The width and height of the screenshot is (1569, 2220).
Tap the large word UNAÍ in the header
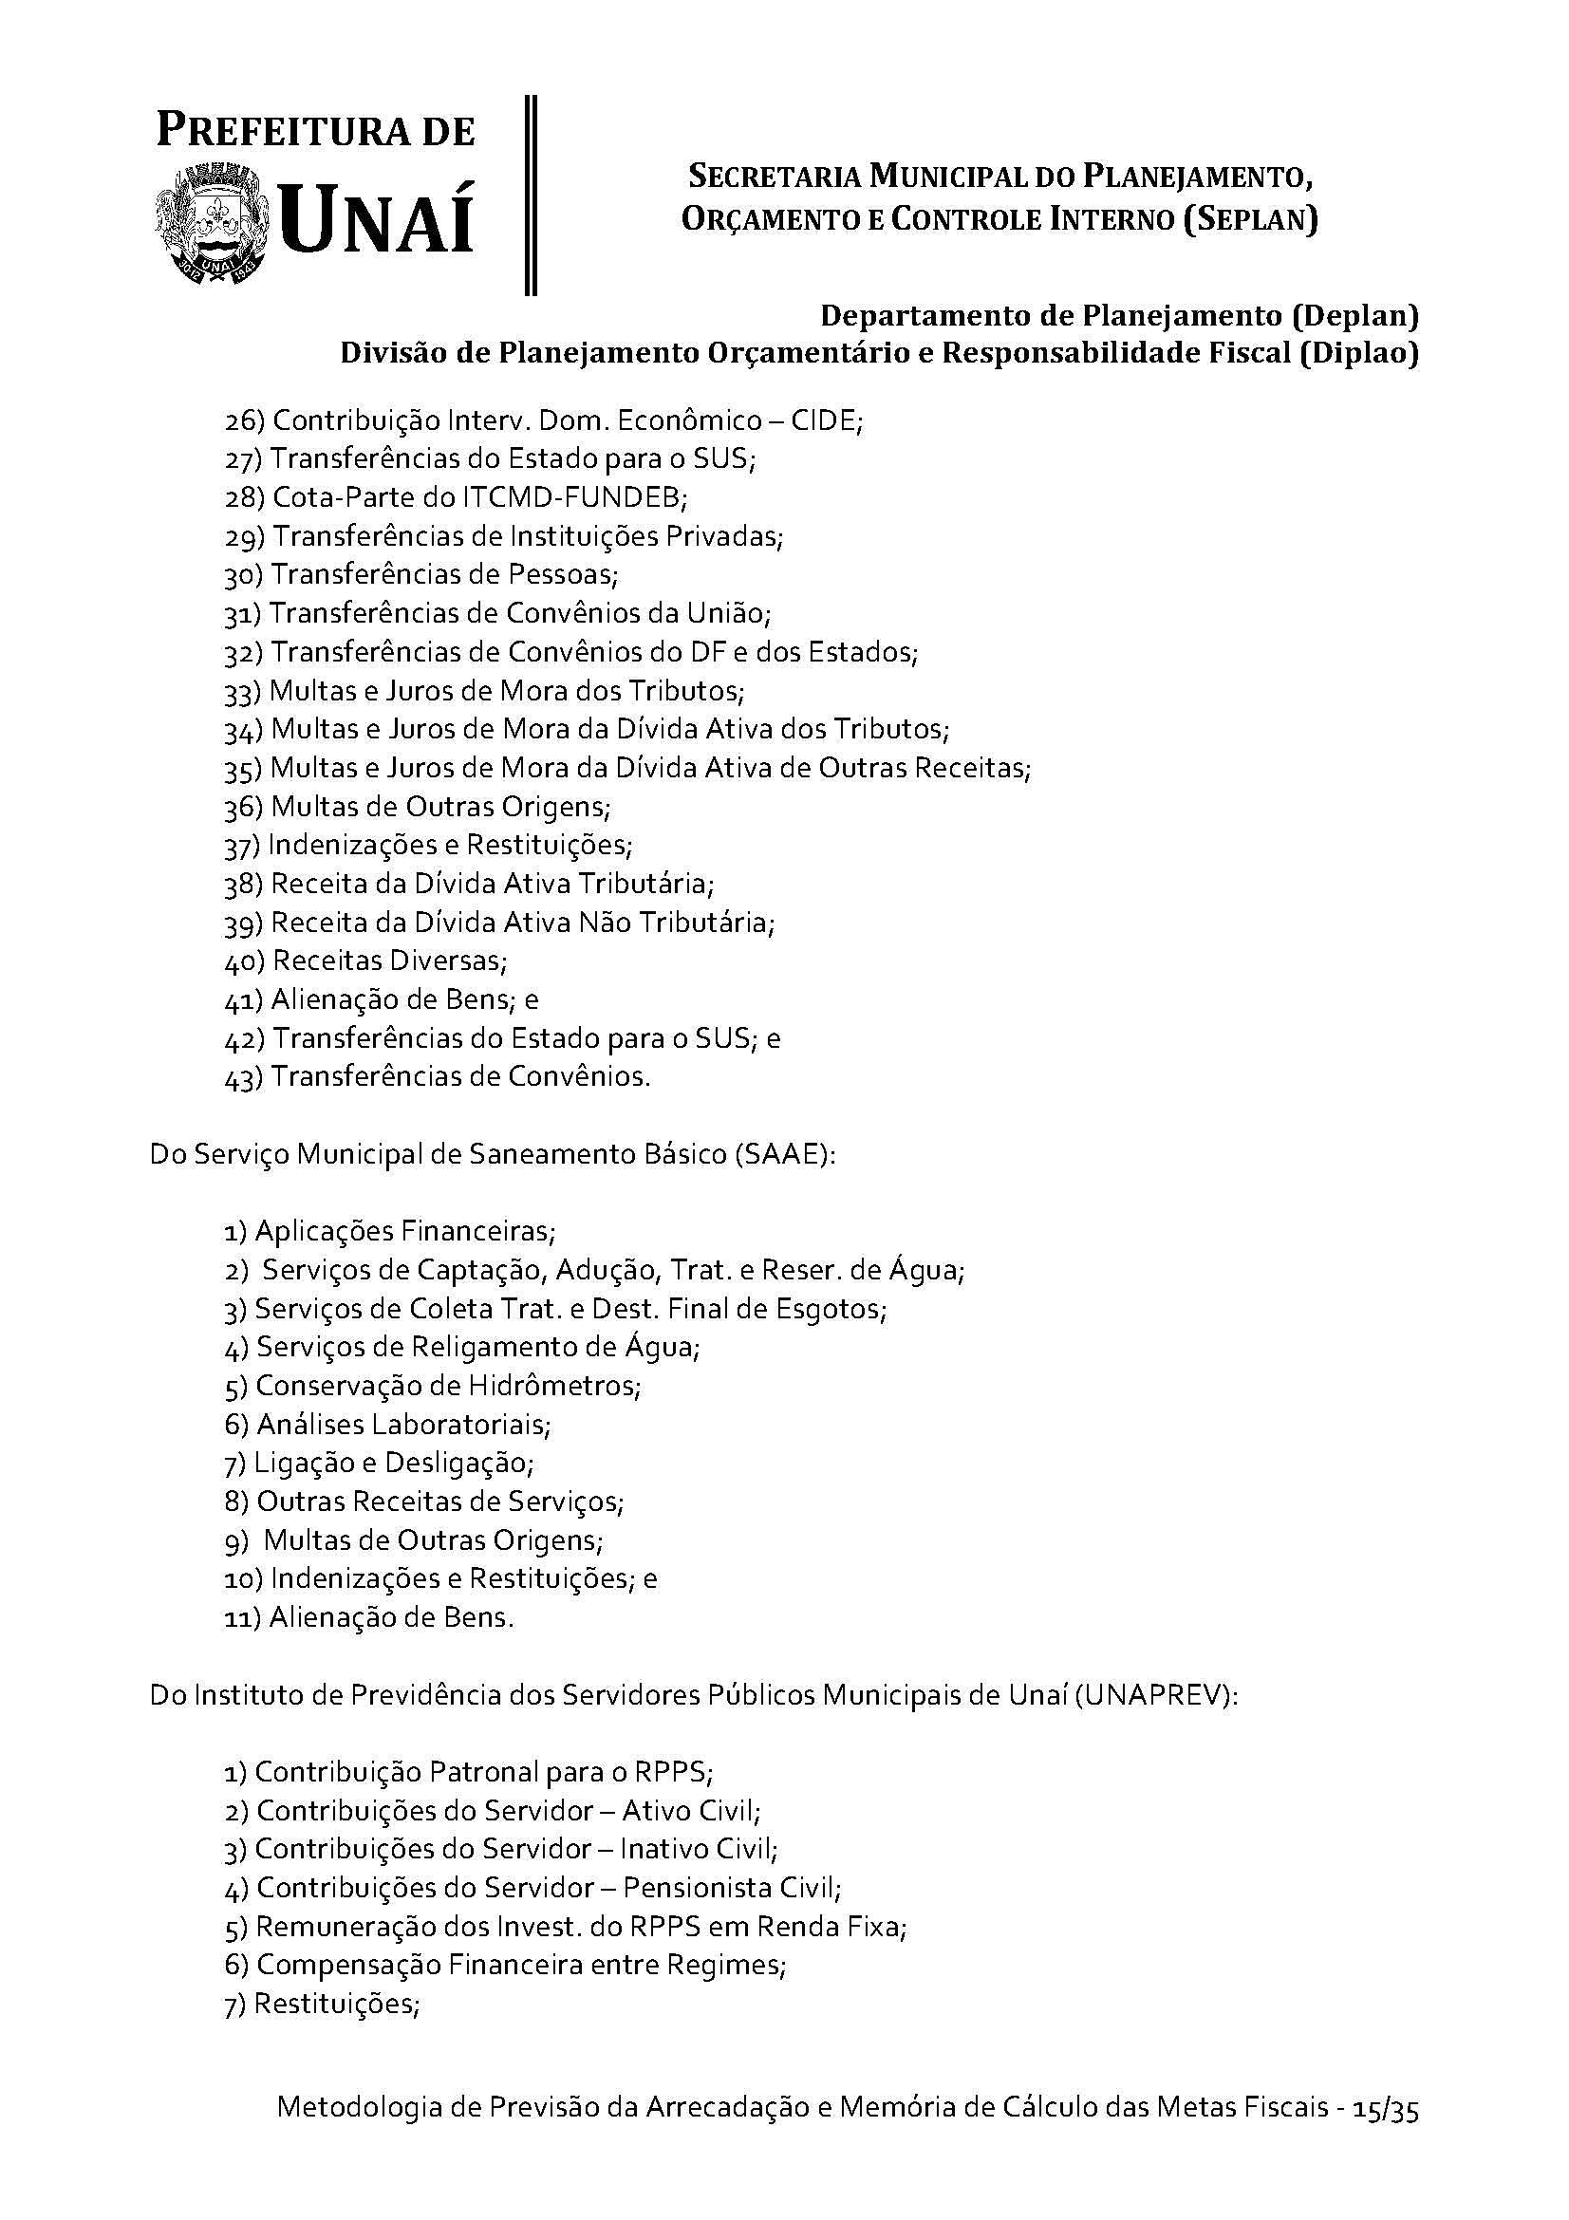pyautogui.click(x=378, y=220)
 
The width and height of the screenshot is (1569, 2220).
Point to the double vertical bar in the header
pyautogui.click(x=530, y=195)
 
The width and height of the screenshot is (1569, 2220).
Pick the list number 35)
pyautogui.click(x=244, y=769)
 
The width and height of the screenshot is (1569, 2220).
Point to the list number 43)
pyautogui.click(x=244, y=1077)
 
